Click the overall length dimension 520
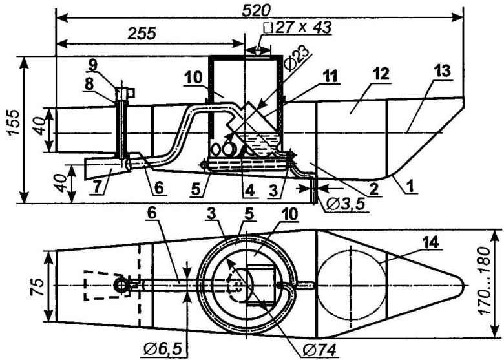pyautogui.click(x=255, y=10)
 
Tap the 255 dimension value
pyautogui.click(x=142, y=34)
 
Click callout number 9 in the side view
pyautogui.click(x=92, y=66)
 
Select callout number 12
pyautogui.click(x=381, y=74)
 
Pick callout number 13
pyautogui.click(x=442, y=71)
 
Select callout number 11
pyautogui.click(x=330, y=76)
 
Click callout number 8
pyautogui.click(x=89, y=84)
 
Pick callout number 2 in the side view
pyautogui.click(x=373, y=189)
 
